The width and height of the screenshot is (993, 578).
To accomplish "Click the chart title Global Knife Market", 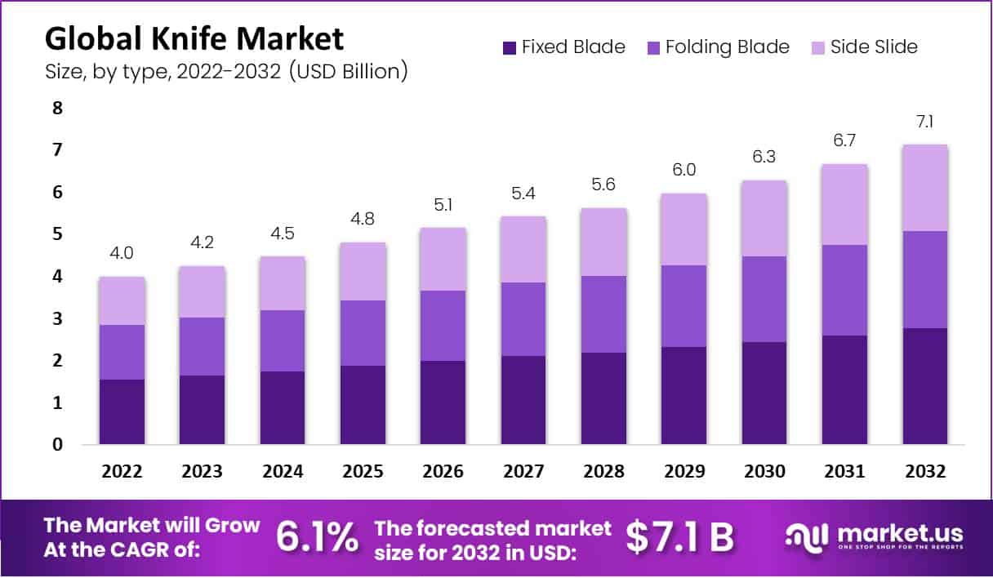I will coord(194,39).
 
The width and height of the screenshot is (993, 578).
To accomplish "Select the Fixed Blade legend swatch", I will coord(510,47).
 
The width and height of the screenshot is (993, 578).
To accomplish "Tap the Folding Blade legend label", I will coord(727,47).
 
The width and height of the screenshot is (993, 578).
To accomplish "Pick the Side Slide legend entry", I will coord(874,47).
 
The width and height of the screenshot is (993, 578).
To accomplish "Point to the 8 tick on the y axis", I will coord(57,109).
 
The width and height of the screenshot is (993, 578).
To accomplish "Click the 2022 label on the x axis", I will coord(122,472).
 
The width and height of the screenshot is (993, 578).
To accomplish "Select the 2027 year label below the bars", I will coord(523,472).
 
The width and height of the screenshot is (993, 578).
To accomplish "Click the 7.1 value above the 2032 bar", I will coord(925,122).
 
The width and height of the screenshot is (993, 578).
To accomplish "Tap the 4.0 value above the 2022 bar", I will coord(122,255).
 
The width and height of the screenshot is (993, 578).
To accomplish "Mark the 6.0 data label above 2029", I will coord(684,171).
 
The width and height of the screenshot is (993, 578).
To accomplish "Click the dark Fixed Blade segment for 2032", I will coord(925,386).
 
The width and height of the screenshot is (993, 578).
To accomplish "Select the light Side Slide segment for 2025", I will coord(363,271).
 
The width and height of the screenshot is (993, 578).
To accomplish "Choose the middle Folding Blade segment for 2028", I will coord(604,314).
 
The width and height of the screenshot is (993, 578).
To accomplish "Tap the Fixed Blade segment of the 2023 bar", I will coord(203,410).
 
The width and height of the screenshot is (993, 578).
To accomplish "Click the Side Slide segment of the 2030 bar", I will coord(764,218).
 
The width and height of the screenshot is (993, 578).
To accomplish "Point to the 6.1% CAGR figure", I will coord(317,536).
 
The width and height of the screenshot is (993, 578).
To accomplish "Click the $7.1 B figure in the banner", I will coord(679,536).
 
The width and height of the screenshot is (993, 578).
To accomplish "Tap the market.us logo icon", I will coord(807,536).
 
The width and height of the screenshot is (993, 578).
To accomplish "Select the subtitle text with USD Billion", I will coord(226,71).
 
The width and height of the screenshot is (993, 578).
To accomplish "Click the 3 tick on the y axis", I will coord(57,318).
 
